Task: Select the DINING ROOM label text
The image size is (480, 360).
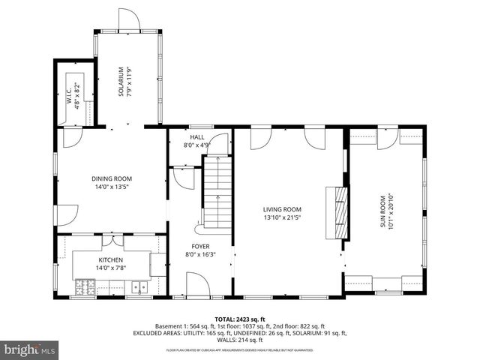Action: pos(112,178)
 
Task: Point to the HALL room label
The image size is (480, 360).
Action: pos(196,137)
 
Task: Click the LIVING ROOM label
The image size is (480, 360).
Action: pos(282,209)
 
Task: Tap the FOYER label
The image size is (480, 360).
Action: pos(200,246)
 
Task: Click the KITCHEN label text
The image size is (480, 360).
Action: pos(110,259)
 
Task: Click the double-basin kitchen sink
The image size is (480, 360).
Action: pos(138,286)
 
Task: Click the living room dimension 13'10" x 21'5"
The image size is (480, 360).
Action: pos(282,218)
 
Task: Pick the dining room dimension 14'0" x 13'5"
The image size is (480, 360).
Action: pos(112,187)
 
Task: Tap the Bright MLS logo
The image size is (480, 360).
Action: pos(29,350)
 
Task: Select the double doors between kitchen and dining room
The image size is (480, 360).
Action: pos(112,240)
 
